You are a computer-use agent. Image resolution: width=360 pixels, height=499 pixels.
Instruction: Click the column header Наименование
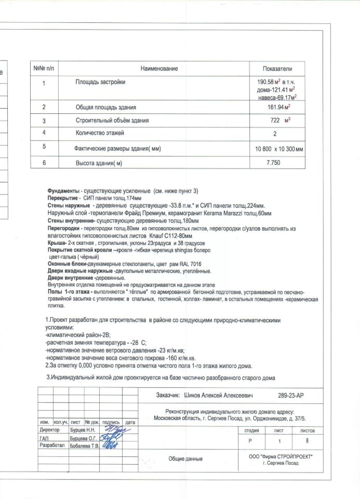coord(159,69)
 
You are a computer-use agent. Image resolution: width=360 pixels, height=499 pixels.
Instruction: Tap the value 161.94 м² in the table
coord(278,107)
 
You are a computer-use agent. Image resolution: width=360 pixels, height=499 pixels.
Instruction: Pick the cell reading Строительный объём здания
coord(112,121)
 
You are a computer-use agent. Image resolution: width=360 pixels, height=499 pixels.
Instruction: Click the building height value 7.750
coord(273,163)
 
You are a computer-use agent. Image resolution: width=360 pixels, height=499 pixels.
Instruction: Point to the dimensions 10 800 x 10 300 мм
coord(279,149)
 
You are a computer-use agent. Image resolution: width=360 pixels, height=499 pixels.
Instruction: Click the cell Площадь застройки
coord(101,82)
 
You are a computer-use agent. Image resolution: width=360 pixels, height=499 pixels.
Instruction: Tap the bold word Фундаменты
coord(64,191)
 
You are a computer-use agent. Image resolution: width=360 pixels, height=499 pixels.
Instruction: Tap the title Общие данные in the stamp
coord(185,458)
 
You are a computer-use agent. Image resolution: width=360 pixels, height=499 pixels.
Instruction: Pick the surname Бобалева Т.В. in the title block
coord(84,446)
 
